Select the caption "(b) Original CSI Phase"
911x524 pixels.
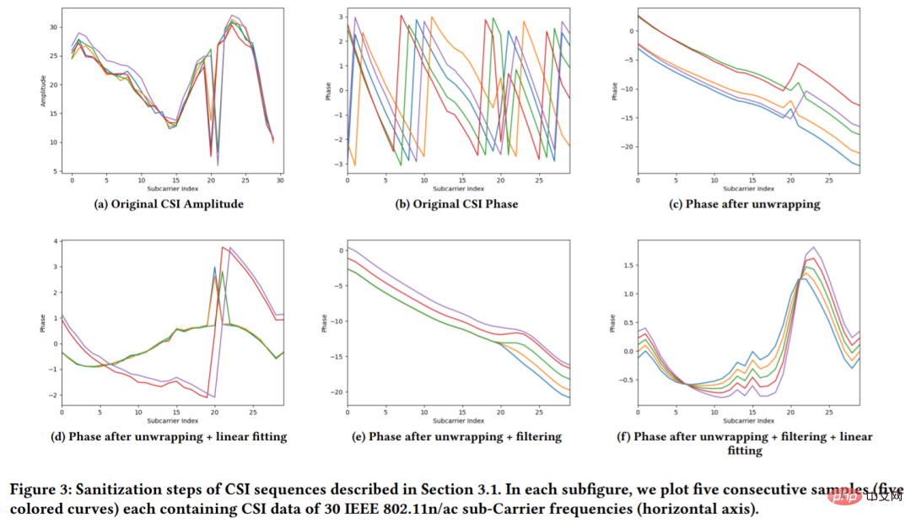point(461,203)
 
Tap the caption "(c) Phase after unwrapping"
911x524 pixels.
point(752,203)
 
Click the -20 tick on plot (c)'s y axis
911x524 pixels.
point(626,147)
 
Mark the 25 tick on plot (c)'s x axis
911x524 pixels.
point(829,181)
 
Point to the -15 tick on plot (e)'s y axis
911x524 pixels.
point(337,357)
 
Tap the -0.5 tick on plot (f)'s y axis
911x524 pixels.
point(625,380)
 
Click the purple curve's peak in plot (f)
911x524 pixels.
point(813,247)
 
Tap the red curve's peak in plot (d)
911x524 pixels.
point(222,247)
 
